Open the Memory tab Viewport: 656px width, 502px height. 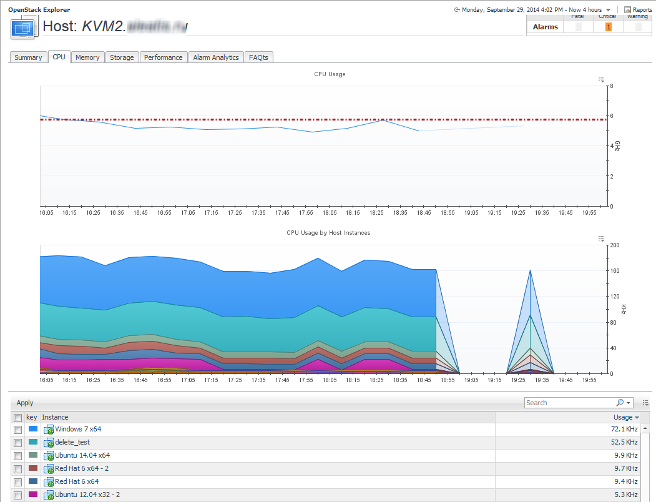[87, 57]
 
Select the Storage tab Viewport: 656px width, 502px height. [122, 57]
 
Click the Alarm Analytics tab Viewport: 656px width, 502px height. [216, 57]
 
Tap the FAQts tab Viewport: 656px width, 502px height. [258, 57]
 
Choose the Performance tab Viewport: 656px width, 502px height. [164, 57]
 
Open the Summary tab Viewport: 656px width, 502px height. [28, 57]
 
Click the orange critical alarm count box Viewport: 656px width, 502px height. [609, 27]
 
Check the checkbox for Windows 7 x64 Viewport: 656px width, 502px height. [18, 430]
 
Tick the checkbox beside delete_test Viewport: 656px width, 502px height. [18, 443]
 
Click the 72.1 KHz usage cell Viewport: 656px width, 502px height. [625, 430]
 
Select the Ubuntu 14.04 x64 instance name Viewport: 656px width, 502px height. [82, 456]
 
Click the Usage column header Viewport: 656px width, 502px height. [623, 417]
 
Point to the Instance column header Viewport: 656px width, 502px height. [56, 417]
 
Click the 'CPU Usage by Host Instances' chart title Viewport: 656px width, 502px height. [328, 233]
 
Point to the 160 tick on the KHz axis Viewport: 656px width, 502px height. [615, 271]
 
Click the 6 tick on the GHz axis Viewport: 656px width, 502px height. [612, 116]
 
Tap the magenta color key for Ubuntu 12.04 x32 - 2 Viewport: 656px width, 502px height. [33, 495]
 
